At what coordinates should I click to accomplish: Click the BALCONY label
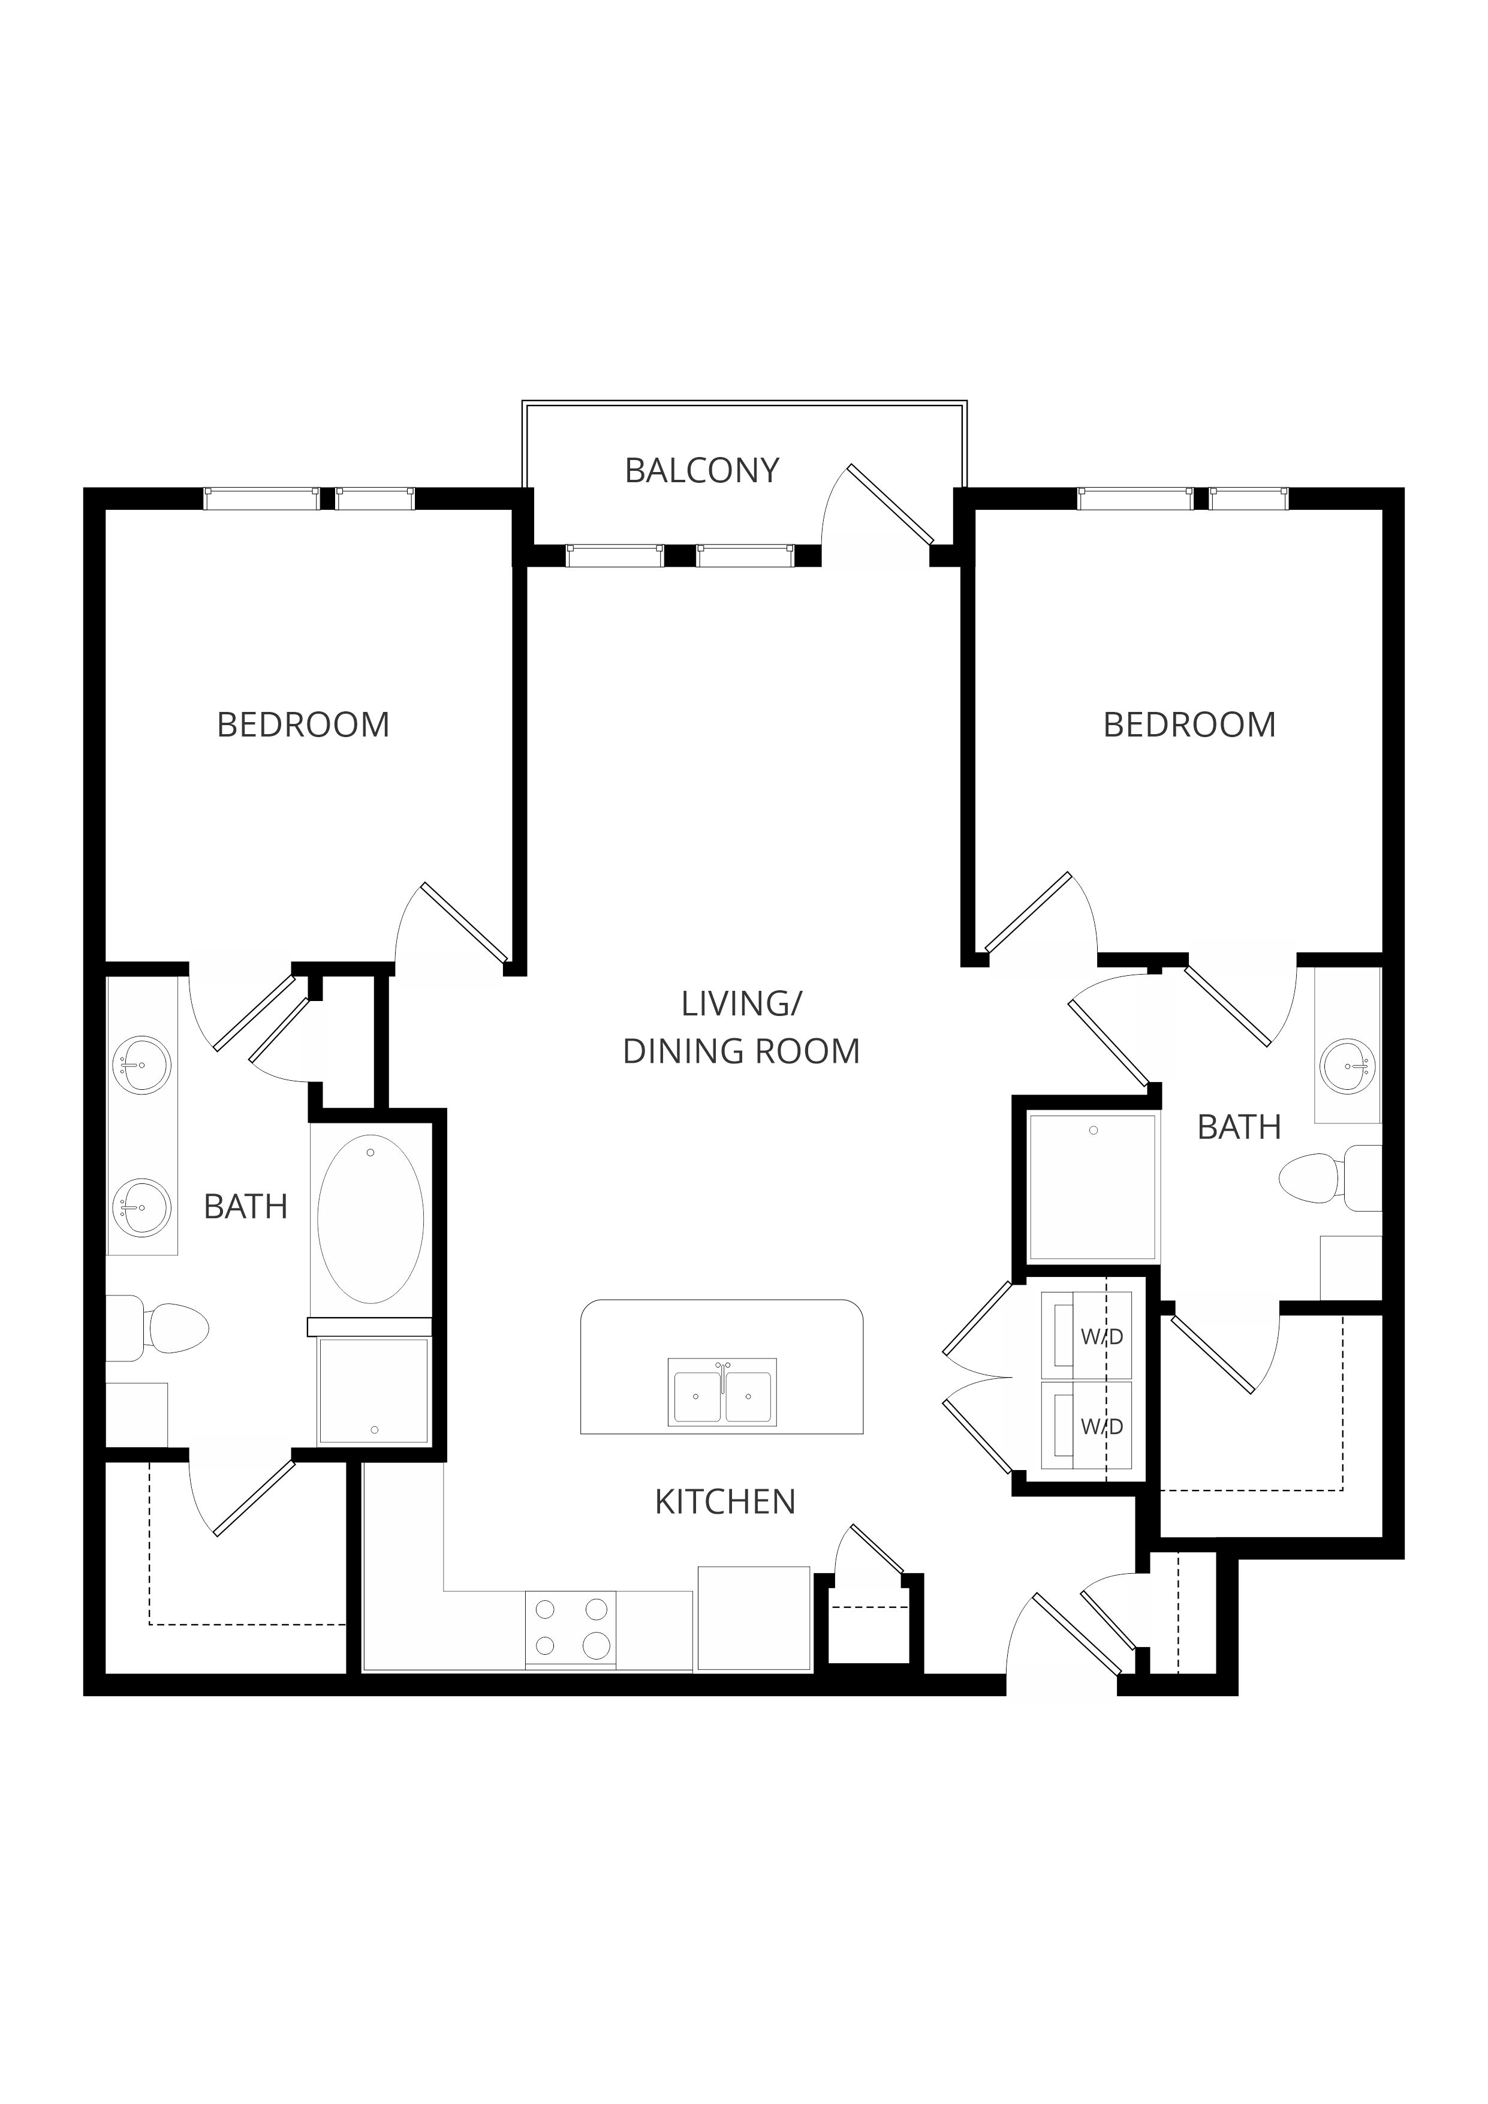coord(702,471)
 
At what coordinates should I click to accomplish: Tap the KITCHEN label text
coord(725,1502)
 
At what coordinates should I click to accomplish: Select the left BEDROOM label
coord(303,725)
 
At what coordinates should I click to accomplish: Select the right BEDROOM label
coord(1189,725)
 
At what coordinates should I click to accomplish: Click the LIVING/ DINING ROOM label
coord(741,1027)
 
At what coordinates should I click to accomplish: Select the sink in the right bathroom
coord(1349,1066)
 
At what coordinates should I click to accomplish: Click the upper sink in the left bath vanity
coord(141,1065)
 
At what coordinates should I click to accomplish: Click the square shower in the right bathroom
coord(1092,1187)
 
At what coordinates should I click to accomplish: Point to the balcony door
coord(891,504)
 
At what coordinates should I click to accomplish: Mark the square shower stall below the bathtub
coord(373,1390)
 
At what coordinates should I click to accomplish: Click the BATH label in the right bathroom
coord(1239,1127)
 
